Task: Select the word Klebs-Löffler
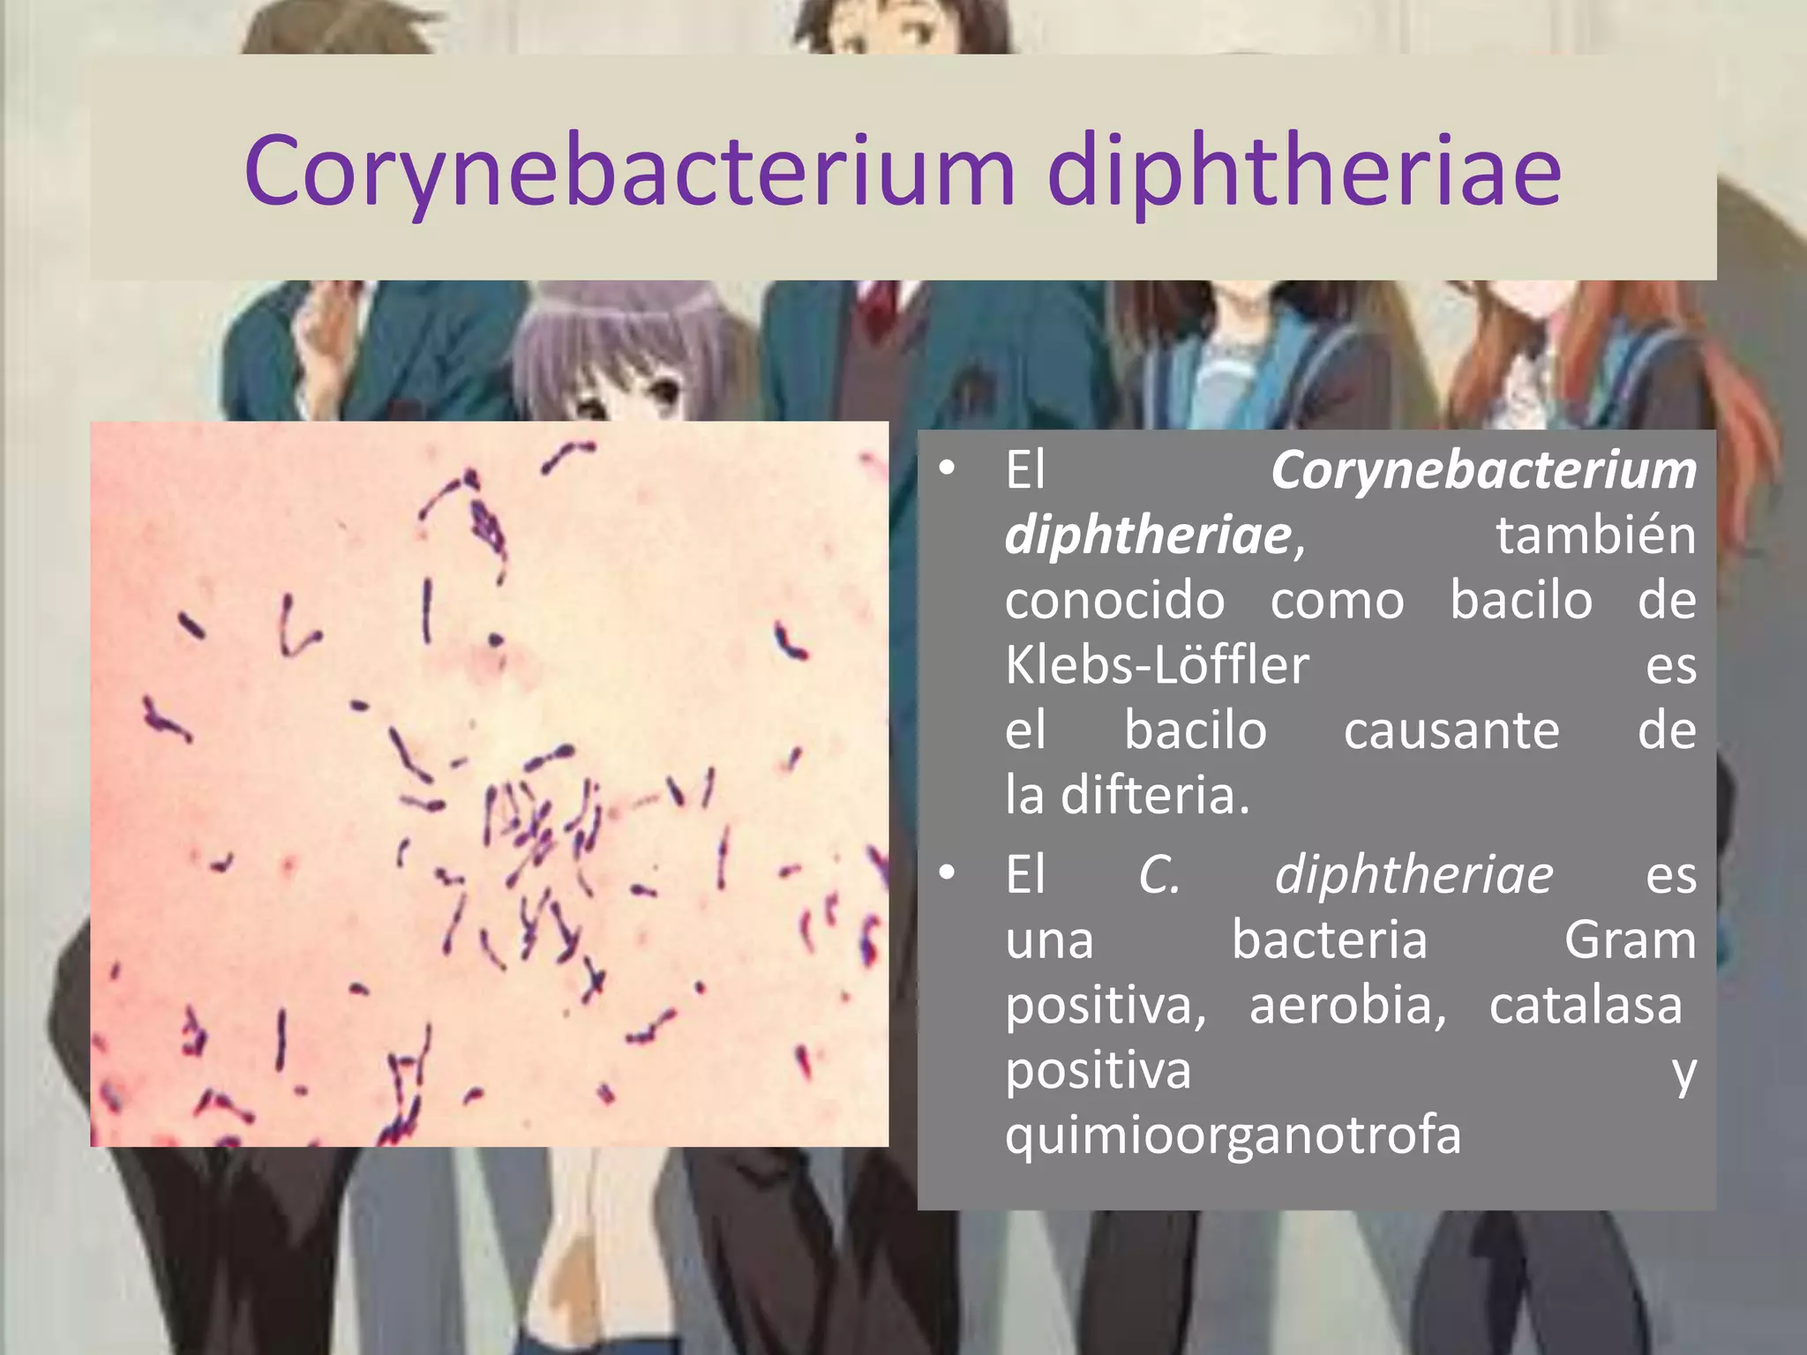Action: point(1157,665)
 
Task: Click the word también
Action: point(1595,535)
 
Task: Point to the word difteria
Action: point(1155,796)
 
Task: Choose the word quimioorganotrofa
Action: point(1233,1134)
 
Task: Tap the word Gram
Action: point(1630,940)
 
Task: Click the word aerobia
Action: point(1347,1006)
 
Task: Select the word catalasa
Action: point(1586,1006)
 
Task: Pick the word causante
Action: point(1451,731)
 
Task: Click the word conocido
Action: point(1114,601)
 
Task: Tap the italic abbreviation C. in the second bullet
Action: point(1158,876)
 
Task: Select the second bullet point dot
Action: point(947,873)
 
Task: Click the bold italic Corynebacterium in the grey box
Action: point(1483,470)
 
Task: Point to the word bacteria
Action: point(1329,940)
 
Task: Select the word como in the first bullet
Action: point(1337,601)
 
